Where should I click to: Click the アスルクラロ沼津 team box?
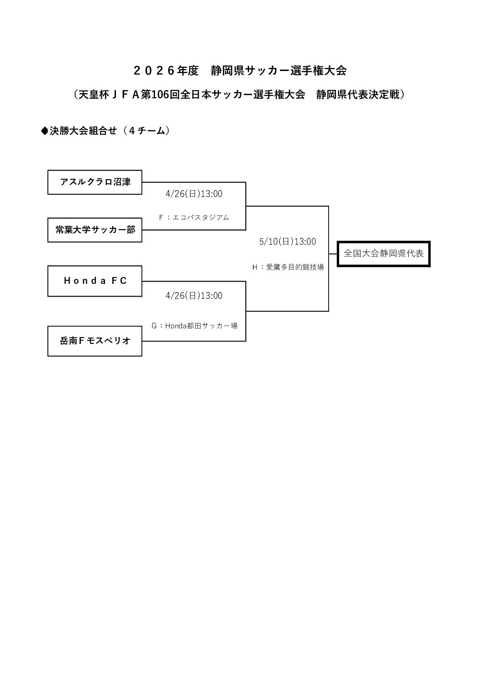click(95, 182)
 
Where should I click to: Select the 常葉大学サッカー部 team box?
click(95, 230)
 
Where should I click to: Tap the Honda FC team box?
click(95, 281)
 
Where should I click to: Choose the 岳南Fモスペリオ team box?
click(95, 341)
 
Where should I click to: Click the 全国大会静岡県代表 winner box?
click(383, 254)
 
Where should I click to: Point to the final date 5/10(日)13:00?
click(287, 242)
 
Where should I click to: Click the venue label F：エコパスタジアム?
click(194, 217)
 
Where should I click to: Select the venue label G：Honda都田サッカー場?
click(194, 326)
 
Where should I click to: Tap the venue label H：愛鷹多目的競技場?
click(288, 267)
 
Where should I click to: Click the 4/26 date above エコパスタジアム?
click(194, 194)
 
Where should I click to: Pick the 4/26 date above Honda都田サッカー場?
click(194, 296)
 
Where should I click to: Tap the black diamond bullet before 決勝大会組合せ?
click(45, 131)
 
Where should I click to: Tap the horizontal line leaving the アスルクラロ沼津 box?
click(194, 182)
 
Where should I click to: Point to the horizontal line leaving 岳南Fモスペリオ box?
click(194, 341)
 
